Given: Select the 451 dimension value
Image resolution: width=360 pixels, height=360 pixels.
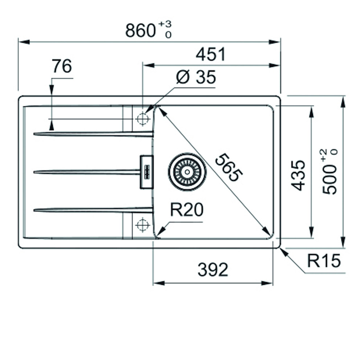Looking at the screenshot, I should (x=210, y=54).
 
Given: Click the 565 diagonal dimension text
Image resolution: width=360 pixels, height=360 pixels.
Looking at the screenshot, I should (x=228, y=167).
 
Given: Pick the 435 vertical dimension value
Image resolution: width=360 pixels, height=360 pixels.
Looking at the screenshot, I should (x=299, y=175).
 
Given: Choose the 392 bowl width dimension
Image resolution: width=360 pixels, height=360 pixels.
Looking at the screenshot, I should (x=213, y=269).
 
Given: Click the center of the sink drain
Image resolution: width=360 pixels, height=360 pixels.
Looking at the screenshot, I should (x=187, y=172).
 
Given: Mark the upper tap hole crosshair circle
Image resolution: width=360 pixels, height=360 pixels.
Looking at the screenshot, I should (x=142, y=118).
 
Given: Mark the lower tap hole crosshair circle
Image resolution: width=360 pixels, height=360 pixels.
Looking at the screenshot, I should (x=142, y=225).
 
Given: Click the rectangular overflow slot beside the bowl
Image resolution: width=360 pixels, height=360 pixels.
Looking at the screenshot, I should (x=147, y=172).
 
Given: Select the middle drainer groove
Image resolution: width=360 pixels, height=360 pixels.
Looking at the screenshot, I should (x=87, y=172).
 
